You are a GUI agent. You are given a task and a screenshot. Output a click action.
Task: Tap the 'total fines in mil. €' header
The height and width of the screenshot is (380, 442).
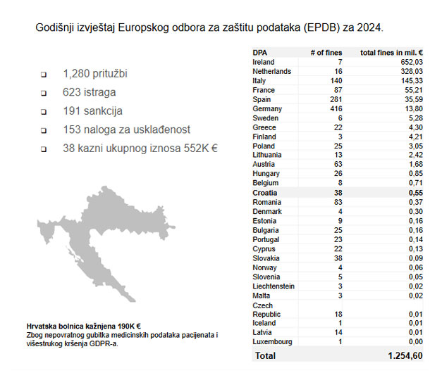392,53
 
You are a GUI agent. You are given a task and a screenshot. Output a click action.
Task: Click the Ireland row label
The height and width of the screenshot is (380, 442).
264,62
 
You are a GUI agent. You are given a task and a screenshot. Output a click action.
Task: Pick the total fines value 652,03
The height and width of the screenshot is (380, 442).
410,62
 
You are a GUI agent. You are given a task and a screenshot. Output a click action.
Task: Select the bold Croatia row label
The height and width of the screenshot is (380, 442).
265,193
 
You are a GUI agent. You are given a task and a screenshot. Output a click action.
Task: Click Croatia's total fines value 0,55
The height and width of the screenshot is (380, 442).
415,193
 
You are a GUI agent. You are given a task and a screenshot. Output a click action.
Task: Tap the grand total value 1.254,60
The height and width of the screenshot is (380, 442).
405,357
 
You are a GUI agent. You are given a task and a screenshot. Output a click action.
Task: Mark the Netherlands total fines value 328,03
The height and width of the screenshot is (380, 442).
410,72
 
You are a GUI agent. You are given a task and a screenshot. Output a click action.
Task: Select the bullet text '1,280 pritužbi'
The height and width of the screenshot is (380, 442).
95,73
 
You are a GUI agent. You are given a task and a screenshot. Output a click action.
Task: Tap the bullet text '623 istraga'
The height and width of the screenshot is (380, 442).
90,92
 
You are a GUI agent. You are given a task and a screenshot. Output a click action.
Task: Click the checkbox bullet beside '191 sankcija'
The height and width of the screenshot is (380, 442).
43,112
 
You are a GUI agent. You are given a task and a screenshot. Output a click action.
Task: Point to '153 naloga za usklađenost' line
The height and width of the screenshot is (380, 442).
126,130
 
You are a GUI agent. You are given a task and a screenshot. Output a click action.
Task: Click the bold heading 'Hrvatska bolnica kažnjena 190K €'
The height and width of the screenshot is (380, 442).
84,326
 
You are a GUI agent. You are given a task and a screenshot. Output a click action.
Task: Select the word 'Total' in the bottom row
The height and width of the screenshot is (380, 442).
265,357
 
